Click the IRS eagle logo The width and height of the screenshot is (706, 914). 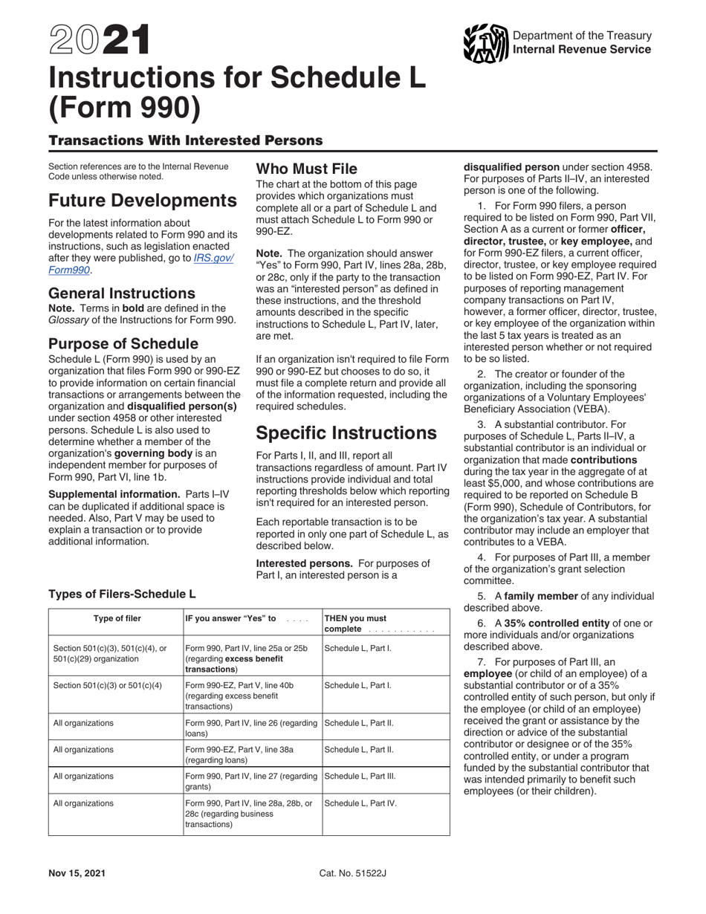(x=486, y=42)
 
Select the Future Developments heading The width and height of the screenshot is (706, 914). (x=142, y=201)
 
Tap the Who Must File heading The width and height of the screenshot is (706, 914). (x=306, y=169)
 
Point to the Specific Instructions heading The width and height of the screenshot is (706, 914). (x=346, y=432)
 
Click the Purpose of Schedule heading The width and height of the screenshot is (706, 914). (x=123, y=343)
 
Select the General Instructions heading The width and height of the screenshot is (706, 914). (x=122, y=293)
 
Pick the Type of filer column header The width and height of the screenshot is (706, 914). (x=117, y=618)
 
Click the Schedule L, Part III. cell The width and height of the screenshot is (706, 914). (x=360, y=776)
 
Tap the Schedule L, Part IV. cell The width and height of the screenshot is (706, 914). (x=360, y=803)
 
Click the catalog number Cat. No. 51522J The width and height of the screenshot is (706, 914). (x=353, y=873)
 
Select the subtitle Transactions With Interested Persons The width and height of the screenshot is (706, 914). (x=185, y=140)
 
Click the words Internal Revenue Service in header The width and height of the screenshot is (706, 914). (x=582, y=49)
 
